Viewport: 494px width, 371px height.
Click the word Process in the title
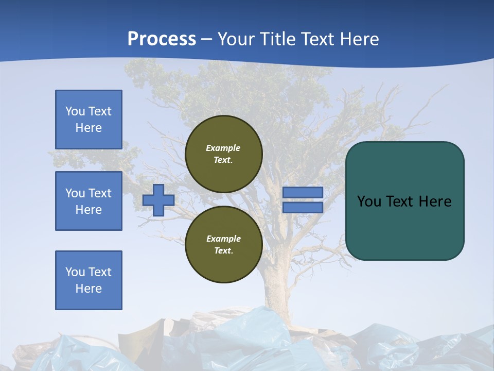[162, 39]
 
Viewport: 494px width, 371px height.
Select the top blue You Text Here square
[89, 120]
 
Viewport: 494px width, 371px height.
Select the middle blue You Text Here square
[89, 201]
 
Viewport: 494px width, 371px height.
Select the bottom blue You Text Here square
[89, 280]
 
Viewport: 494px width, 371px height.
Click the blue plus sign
[158, 200]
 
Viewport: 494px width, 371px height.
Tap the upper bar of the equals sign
[303, 192]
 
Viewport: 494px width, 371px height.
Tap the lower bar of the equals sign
[303, 207]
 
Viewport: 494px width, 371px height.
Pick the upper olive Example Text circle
[223, 154]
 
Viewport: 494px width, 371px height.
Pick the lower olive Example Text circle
[223, 245]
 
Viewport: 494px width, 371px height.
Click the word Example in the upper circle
[223, 148]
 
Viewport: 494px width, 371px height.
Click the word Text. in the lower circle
[223, 251]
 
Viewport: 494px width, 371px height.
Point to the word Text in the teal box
[400, 201]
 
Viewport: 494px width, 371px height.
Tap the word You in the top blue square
[75, 111]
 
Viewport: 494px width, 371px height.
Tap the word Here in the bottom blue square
[89, 289]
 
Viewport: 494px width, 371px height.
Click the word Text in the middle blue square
[100, 193]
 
